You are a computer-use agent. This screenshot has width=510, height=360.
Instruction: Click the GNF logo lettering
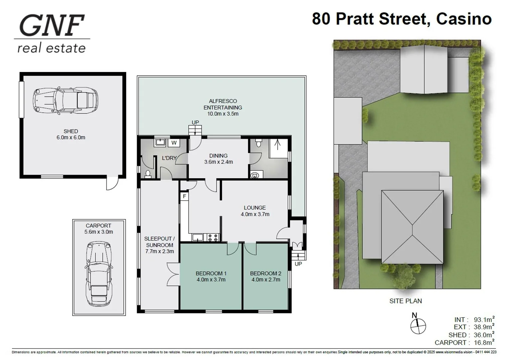pos(52,25)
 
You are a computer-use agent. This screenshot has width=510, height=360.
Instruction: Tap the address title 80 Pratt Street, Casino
pos(401,19)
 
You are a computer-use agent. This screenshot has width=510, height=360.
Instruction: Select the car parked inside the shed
pos(65,100)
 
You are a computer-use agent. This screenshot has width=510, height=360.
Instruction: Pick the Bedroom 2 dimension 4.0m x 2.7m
pos(265,280)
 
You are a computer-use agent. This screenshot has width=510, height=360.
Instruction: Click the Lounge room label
pos(255,208)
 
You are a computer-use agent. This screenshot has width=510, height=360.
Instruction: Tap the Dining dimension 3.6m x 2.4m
pos(218,162)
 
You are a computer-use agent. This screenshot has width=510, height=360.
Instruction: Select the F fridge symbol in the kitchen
pos(184,196)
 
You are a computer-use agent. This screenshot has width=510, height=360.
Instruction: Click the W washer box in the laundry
pos(174,143)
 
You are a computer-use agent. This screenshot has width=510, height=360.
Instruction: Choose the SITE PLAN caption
pos(405,301)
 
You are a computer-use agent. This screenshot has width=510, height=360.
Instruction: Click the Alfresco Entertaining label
pos(223,104)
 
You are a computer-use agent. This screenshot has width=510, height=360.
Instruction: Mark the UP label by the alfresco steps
pos(195,122)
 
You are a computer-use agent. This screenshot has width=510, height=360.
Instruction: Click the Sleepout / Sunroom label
pos(159,242)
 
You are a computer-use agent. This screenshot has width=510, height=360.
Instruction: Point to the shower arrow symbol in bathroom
pos(277,145)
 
